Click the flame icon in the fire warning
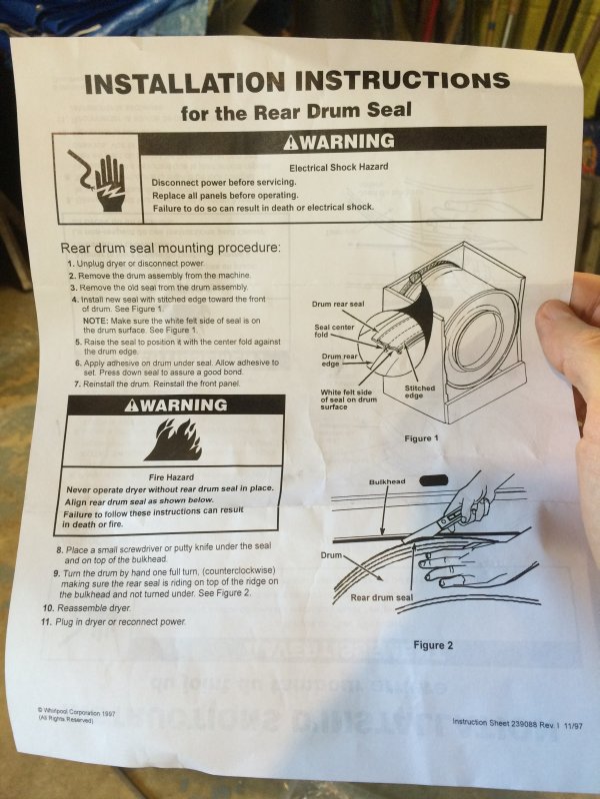(173, 439)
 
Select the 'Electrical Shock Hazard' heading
(339, 167)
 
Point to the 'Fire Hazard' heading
(171, 477)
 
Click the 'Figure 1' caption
(421, 438)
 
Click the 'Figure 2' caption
(433, 645)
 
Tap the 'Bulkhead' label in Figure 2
(387, 481)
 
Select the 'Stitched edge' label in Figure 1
(420, 392)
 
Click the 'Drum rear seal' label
(338, 305)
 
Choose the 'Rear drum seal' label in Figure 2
(382, 597)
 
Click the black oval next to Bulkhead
(434, 480)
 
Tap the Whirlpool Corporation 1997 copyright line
(76, 711)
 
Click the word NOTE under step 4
(95, 321)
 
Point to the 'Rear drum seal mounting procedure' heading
(170, 248)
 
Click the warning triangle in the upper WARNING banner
(291, 143)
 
